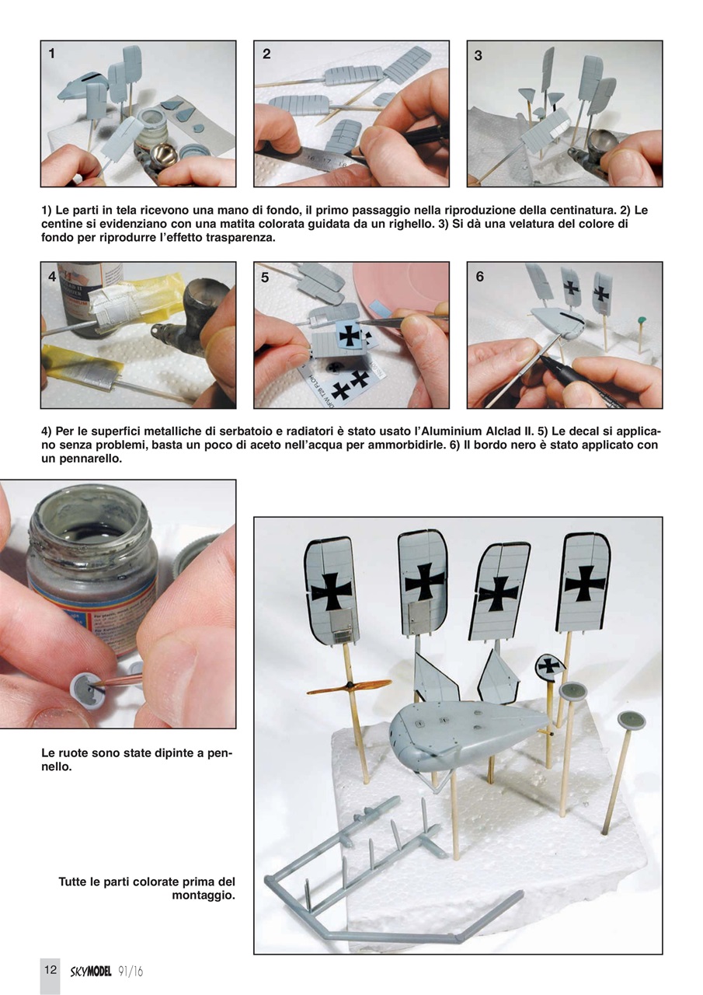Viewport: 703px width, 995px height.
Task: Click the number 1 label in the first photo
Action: tap(52, 54)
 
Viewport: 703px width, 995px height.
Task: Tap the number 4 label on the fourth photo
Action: tap(52, 277)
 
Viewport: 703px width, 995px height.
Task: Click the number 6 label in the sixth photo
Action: tap(479, 277)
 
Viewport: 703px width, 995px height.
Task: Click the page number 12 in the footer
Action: tap(50, 969)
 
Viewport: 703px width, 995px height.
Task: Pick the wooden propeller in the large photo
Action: tap(350, 687)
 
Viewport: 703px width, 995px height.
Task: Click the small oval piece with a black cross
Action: tap(551, 665)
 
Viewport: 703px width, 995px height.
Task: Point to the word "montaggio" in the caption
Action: tap(203, 895)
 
